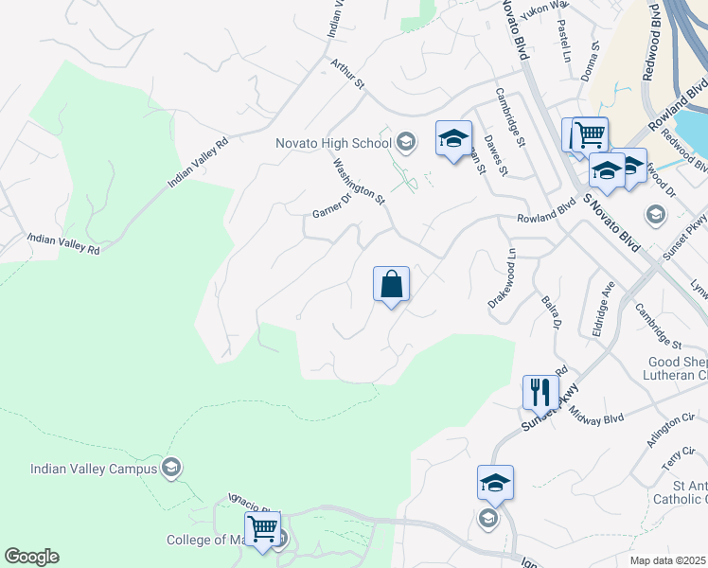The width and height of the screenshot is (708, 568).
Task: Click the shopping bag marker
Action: coord(391,284)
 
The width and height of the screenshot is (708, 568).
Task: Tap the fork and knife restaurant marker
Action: coord(540,391)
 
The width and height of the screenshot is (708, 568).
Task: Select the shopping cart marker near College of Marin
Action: coord(262,528)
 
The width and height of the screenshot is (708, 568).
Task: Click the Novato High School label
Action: coord(332,143)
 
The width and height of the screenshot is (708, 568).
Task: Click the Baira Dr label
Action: coord(552,311)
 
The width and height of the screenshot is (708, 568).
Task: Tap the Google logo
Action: coord(31,557)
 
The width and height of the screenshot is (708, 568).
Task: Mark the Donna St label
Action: coord(595,58)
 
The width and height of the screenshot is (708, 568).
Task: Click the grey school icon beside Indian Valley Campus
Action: coord(171,467)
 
